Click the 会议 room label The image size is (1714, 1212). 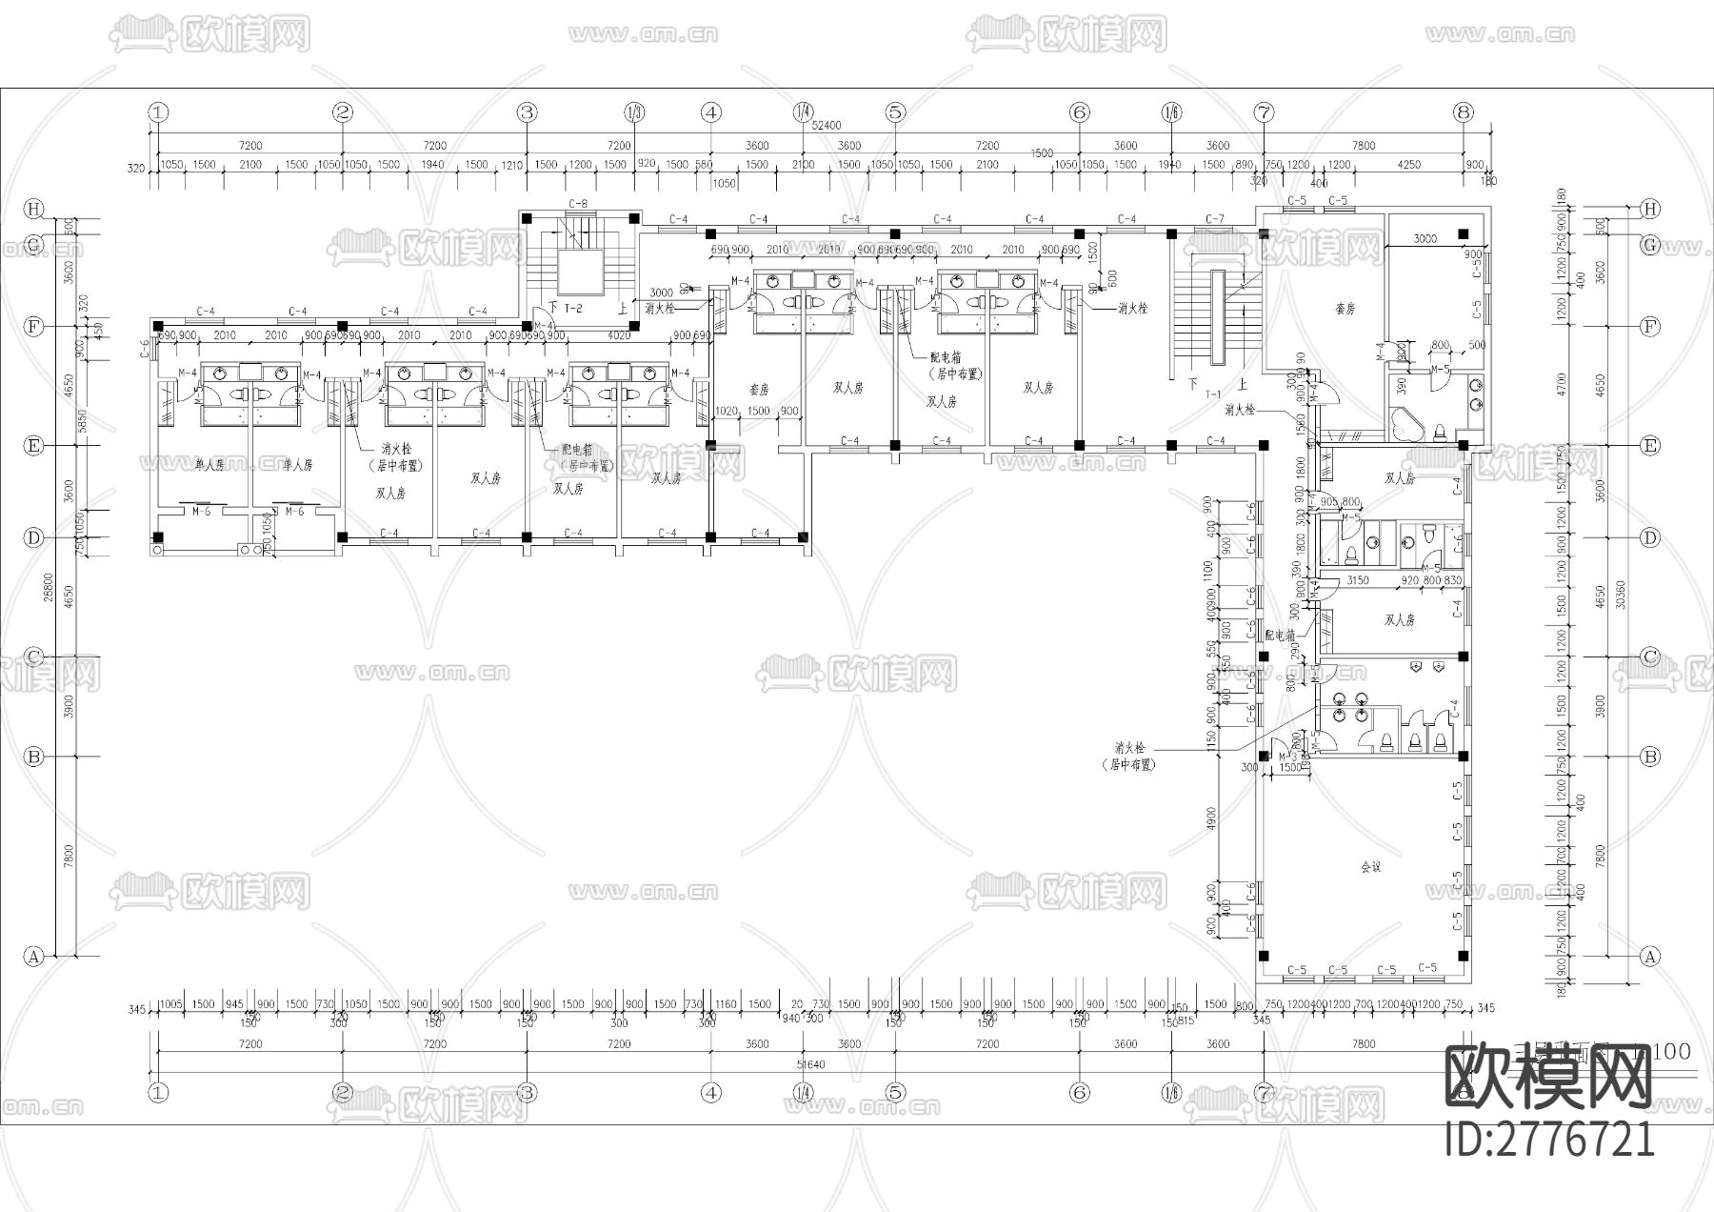pyautogui.click(x=1370, y=867)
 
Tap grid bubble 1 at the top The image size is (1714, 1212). pyautogui.click(x=158, y=112)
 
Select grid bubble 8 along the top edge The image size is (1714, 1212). pyautogui.click(x=1464, y=112)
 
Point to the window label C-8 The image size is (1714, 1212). pyautogui.click(x=577, y=204)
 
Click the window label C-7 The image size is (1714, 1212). pyautogui.click(x=1215, y=219)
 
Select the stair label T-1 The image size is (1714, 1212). pyautogui.click(x=1213, y=394)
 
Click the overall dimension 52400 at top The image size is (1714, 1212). pyautogui.click(x=826, y=125)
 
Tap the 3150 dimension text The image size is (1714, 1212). pyautogui.click(x=1357, y=580)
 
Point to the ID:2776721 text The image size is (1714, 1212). pyautogui.click(x=1549, y=1139)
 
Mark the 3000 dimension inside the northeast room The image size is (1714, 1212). pyautogui.click(x=1425, y=239)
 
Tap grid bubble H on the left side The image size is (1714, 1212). pyautogui.click(x=34, y=209)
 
